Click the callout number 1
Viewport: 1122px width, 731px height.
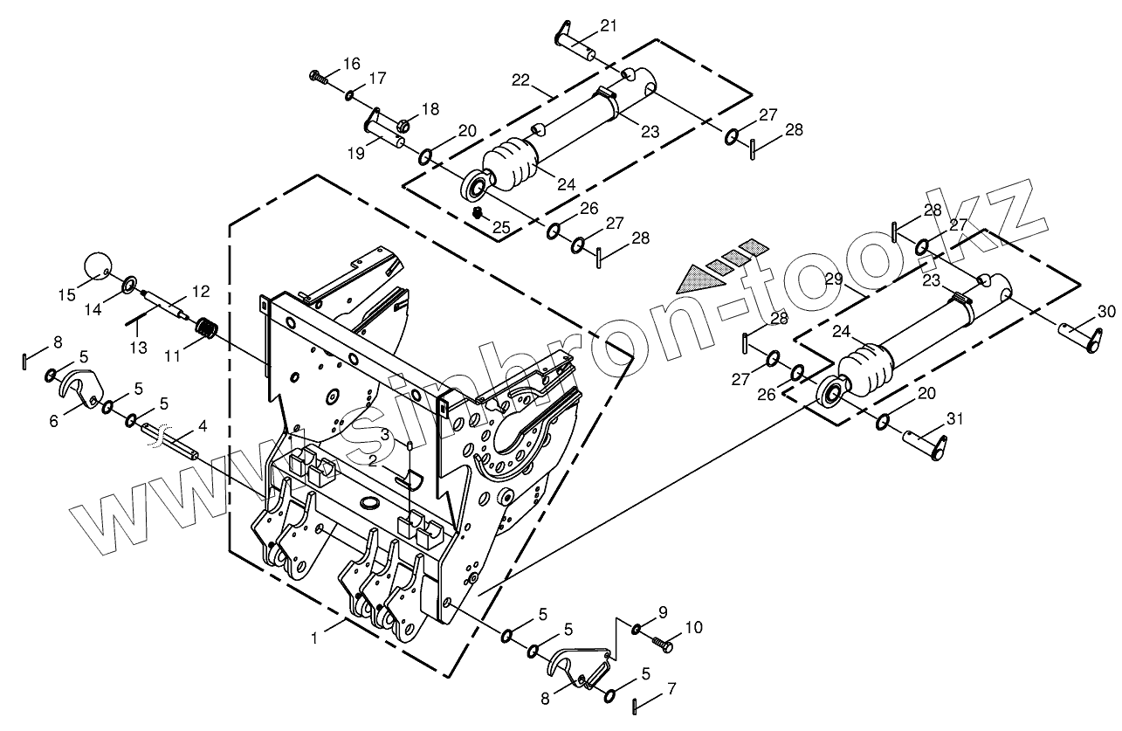[314, 638]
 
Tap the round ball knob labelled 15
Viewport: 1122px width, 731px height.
[97, 265]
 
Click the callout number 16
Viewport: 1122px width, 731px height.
[352, 64]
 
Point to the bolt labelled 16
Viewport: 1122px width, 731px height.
[318, 77]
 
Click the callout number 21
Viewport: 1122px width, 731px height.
[609, 25]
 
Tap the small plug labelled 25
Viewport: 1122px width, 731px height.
[478, 213]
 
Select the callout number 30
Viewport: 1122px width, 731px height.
[1106, 312]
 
